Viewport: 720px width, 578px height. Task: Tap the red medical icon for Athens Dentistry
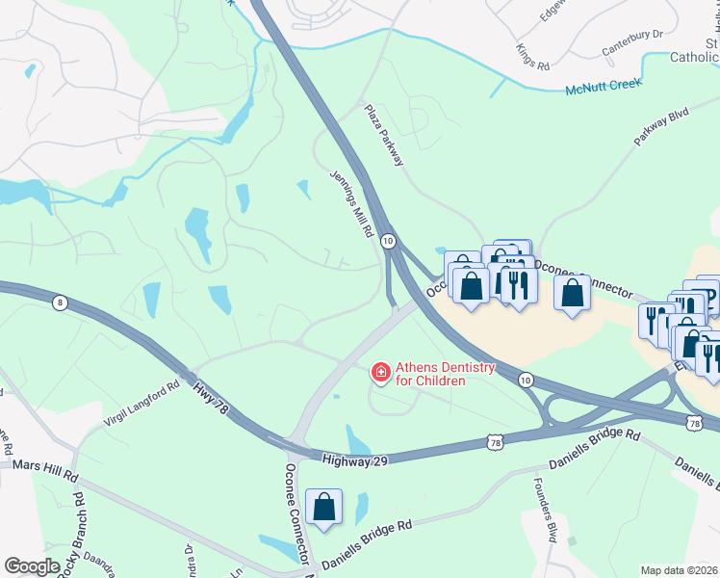381,371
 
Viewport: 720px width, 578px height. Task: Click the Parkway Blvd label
662,126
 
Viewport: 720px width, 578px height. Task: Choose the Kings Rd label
532,56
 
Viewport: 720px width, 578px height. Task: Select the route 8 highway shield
61,302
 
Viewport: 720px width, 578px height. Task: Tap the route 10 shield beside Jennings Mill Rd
387,240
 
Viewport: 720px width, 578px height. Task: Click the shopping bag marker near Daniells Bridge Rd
324,507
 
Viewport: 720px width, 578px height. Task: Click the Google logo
31,566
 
